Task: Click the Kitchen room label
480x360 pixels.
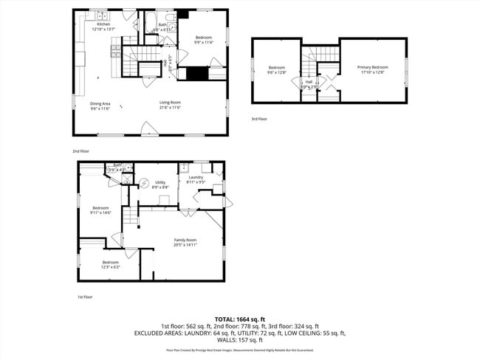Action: tap(103, 24)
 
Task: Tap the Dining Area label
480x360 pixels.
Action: tap(100, 103)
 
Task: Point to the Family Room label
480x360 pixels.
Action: tap(185, 240)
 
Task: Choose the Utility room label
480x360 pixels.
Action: tap(160, 182)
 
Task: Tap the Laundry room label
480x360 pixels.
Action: tap(196, 177)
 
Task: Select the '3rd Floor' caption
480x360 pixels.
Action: tap(259, 119)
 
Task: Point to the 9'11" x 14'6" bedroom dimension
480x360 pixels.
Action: tap(100, 212)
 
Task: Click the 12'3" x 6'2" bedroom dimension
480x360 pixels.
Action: tap(111, 267)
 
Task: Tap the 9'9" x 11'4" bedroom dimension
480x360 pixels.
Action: tap(203, 43)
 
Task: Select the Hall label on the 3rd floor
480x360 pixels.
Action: tap(309, 81)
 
